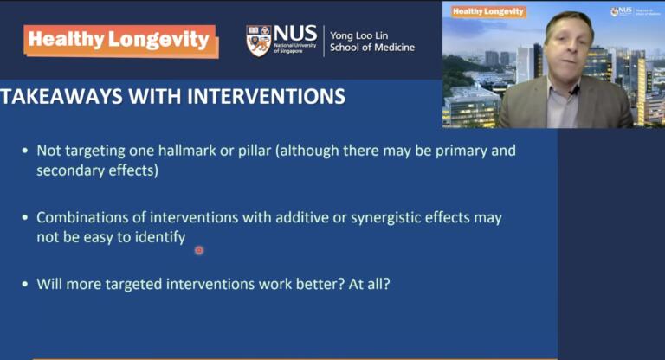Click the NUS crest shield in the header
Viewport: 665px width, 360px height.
click(258, 41)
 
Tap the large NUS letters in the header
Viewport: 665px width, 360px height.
click(295, 34)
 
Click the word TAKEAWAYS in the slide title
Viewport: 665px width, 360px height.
click(60, 95)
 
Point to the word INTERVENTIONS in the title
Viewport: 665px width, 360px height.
click(260, 95)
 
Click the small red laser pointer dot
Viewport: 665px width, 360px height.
click(199, 250)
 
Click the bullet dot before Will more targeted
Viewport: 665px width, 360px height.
click(24, 284)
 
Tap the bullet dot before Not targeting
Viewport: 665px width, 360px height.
click(24, 151)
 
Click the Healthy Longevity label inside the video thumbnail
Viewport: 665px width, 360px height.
click(488, 11)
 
